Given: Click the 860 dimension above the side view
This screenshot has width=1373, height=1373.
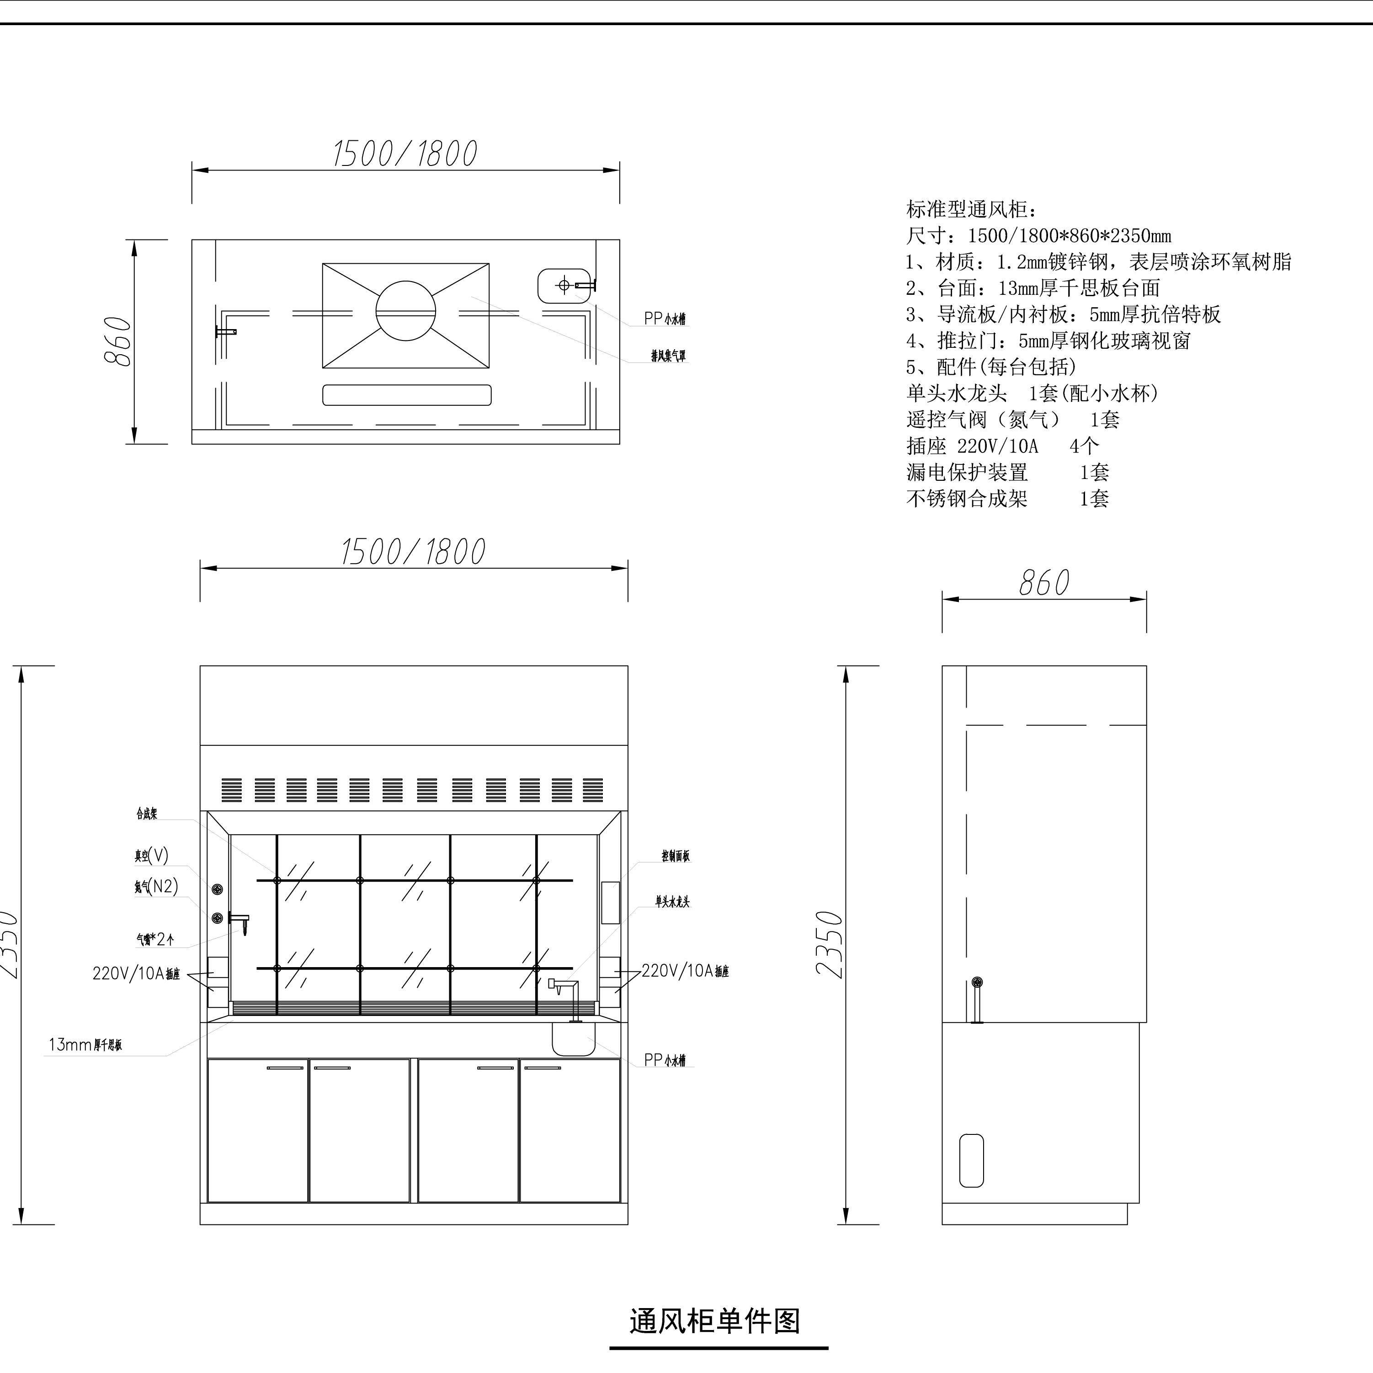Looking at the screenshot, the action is pos(1043,583).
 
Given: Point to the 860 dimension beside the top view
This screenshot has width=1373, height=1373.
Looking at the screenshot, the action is pos(118,341).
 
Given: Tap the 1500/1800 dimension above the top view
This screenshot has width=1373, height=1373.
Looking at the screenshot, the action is pos(405,154).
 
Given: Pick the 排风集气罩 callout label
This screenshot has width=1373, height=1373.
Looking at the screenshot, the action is pos(669,355).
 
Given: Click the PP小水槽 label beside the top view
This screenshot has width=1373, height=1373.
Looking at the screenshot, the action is pos(665,319).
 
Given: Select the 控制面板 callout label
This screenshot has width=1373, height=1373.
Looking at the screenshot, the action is pos(675,857).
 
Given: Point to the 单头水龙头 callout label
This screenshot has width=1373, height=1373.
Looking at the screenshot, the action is pos(672,902).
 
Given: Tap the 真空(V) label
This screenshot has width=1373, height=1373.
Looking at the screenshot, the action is pos(151,856).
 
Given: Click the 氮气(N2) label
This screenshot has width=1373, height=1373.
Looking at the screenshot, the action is pos(156,886).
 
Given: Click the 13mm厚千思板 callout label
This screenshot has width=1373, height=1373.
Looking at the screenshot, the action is pos(85,1045).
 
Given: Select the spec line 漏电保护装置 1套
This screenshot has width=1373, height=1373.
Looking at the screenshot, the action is pos(1007,472).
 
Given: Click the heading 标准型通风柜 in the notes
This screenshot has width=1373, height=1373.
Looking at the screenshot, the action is pos(972,210).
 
